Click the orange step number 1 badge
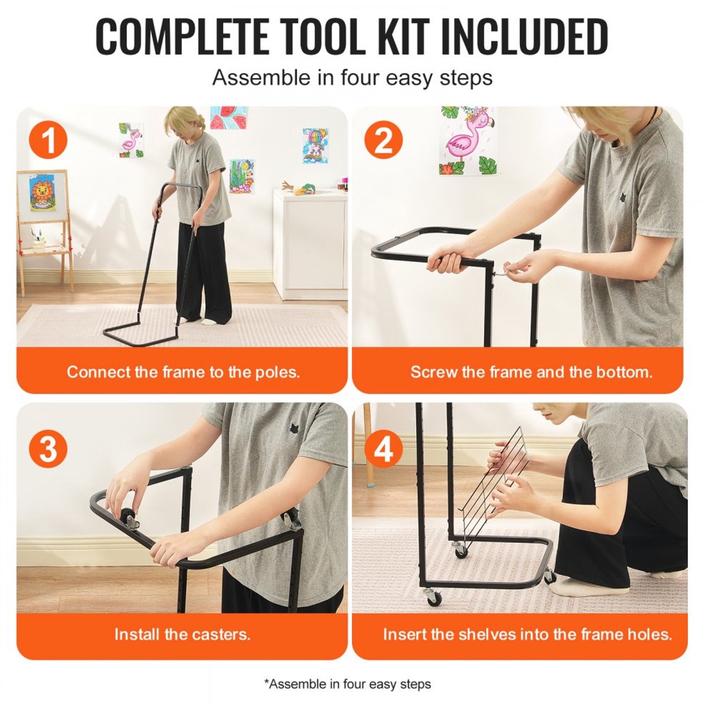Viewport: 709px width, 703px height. [x=48, y=140]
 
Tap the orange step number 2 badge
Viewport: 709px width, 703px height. [x=383, y=140]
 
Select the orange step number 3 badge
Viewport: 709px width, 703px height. [x=48, y=448]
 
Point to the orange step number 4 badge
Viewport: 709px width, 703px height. [x=383, y=448]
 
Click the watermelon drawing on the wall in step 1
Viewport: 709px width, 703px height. [x=229, y=118]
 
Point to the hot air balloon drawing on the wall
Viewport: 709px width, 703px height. [x=315, y=146]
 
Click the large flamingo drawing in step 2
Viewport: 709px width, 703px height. [x=467, y=141]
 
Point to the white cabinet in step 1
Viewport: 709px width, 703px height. [x=310, y=243]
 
